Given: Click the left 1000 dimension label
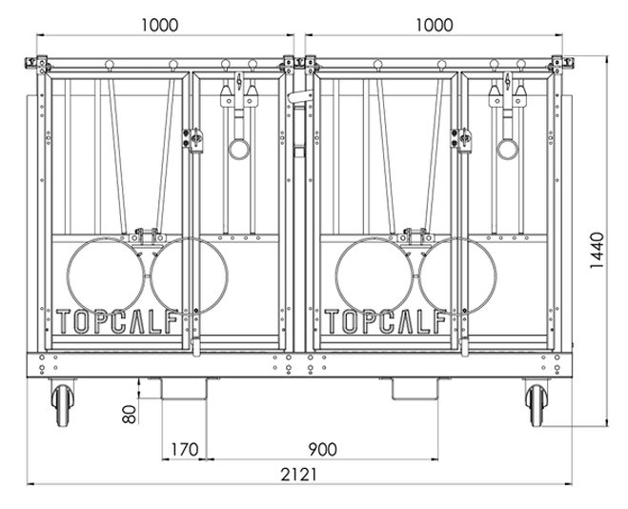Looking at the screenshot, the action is click(x=160, y=25).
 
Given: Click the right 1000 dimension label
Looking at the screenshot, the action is click(x=435, y=25).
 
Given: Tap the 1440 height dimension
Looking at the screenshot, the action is click(x=597, y=251).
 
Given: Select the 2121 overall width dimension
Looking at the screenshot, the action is click(x=298, y=475).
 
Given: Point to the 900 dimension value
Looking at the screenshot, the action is click(x=323, y=449).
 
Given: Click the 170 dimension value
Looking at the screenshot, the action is click(x=185, y=449).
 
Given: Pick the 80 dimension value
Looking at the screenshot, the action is click(x=130, y=414).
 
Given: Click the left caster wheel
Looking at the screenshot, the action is click(x=63, y=405).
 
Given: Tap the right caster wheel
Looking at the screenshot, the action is click(x=537, y=405).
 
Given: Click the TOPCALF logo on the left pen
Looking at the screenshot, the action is click(x=117, y=321).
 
